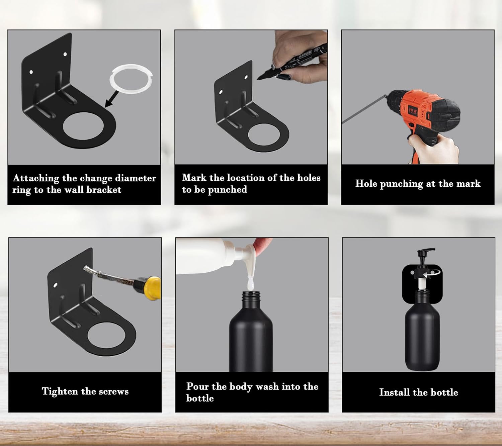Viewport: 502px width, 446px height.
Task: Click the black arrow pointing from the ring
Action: [112, 99]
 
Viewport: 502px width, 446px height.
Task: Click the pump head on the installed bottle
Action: [426, 255]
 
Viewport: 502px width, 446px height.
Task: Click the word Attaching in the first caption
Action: [36, 178]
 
